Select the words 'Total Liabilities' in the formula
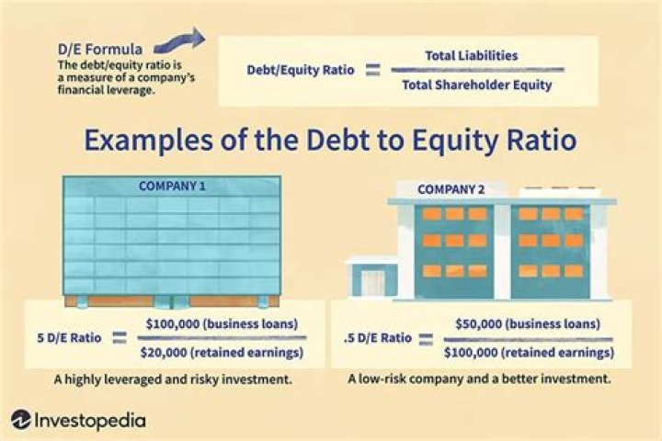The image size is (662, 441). (471, 56)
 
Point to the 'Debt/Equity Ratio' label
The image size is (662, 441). (293, 70)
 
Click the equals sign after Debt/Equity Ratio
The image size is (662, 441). (372, 70)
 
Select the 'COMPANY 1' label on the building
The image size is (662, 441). (172, 186)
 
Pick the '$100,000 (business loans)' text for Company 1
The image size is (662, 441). (221, 324)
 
